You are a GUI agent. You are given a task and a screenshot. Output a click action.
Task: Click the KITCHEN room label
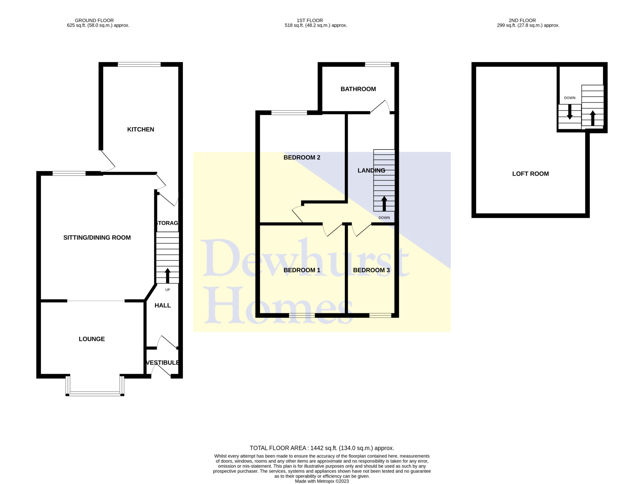pyautogui.click(x=140, y=130)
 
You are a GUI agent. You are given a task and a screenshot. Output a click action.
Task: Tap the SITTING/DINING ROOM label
pyautogui.click(x=97, y=238)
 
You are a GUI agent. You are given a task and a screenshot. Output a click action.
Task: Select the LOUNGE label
pyautogui.click(x=92, y=339)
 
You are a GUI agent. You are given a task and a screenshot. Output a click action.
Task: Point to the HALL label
pyautogui.click(x=163, y=305)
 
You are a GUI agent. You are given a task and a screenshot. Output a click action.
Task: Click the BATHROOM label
pyautogui.click(x=358, y=89)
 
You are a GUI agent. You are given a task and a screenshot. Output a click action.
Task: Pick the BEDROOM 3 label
pyautogui.click(x=371, y=270)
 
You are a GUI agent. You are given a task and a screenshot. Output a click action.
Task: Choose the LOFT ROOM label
pyautogui.click(x=530, y=174)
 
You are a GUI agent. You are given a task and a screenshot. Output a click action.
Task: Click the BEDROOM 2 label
pyautogui.click(x=302, y=158)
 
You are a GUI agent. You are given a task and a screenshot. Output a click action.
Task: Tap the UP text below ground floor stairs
pyautogui.click(x=167, y=290)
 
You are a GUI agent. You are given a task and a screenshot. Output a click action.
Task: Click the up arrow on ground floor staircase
pyautogui.click(x=167, y=276)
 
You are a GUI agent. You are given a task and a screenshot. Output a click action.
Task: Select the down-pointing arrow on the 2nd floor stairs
pyautogui.click(x=570, y=112)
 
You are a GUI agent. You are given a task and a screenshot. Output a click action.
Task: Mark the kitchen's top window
pyautogui.click(x=139, y=64)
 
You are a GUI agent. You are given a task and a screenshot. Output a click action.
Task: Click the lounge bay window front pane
pyautogui.click(x=95, y=393)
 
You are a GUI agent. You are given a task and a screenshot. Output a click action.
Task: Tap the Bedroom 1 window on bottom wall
pyautogui.click(x=302, y=315)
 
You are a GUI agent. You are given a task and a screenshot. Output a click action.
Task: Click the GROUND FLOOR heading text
pyautogui.click(x=94, y=20)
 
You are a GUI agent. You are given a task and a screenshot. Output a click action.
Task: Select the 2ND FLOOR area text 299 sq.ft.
pyautogui.click(x=528, y=25)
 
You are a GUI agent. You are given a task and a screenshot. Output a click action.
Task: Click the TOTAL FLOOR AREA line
pyautogui.click(x=322, y=448)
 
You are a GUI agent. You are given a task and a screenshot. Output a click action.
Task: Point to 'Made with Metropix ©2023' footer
pyautogui.click(x=322, y=481)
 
